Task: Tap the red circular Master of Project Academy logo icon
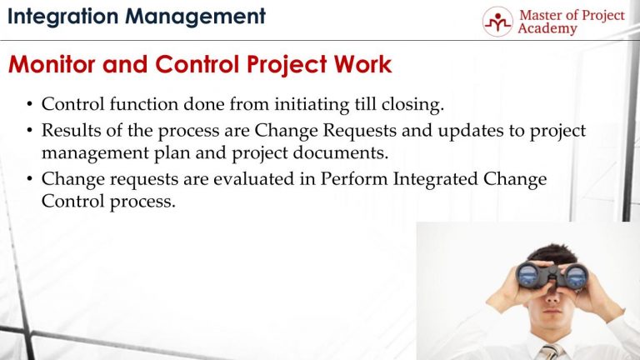coord(497,21)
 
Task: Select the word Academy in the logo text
coord(547,29)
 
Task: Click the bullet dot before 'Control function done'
coord(30,106)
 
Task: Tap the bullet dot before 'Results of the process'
coord(30,132)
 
